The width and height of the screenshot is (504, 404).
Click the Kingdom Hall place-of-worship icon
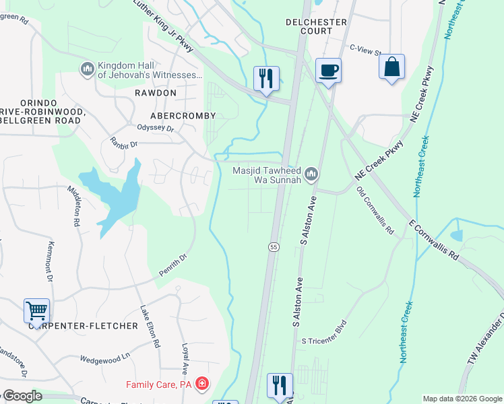86,69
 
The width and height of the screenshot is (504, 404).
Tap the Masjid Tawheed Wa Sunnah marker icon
311,175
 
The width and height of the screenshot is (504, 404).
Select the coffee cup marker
328,70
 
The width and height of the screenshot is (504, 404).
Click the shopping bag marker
391,67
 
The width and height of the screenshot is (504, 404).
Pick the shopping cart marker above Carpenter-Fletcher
36,311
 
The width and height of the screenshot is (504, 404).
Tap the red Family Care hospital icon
201,384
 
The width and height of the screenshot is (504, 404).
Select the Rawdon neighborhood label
155,92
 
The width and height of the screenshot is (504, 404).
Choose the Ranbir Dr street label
123,143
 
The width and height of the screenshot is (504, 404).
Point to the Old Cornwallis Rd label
375,211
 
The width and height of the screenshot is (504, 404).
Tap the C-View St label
365,48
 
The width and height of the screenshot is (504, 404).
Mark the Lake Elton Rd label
150,327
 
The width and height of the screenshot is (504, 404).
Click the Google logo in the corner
22,396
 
